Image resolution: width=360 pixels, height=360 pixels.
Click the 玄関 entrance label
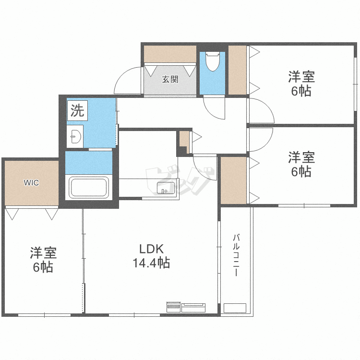[170, 80]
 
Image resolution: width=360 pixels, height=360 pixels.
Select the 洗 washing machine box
[77, 111]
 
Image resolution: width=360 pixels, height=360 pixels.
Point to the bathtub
[89, 187]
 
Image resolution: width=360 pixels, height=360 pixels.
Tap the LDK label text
[152, 249]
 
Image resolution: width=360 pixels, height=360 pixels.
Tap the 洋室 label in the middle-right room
[301, 157]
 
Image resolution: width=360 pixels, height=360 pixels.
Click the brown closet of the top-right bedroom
[237, 70]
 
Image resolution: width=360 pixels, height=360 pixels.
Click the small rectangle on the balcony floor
[235, 308]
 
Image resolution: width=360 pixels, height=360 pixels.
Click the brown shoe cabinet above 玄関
[170, 54]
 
